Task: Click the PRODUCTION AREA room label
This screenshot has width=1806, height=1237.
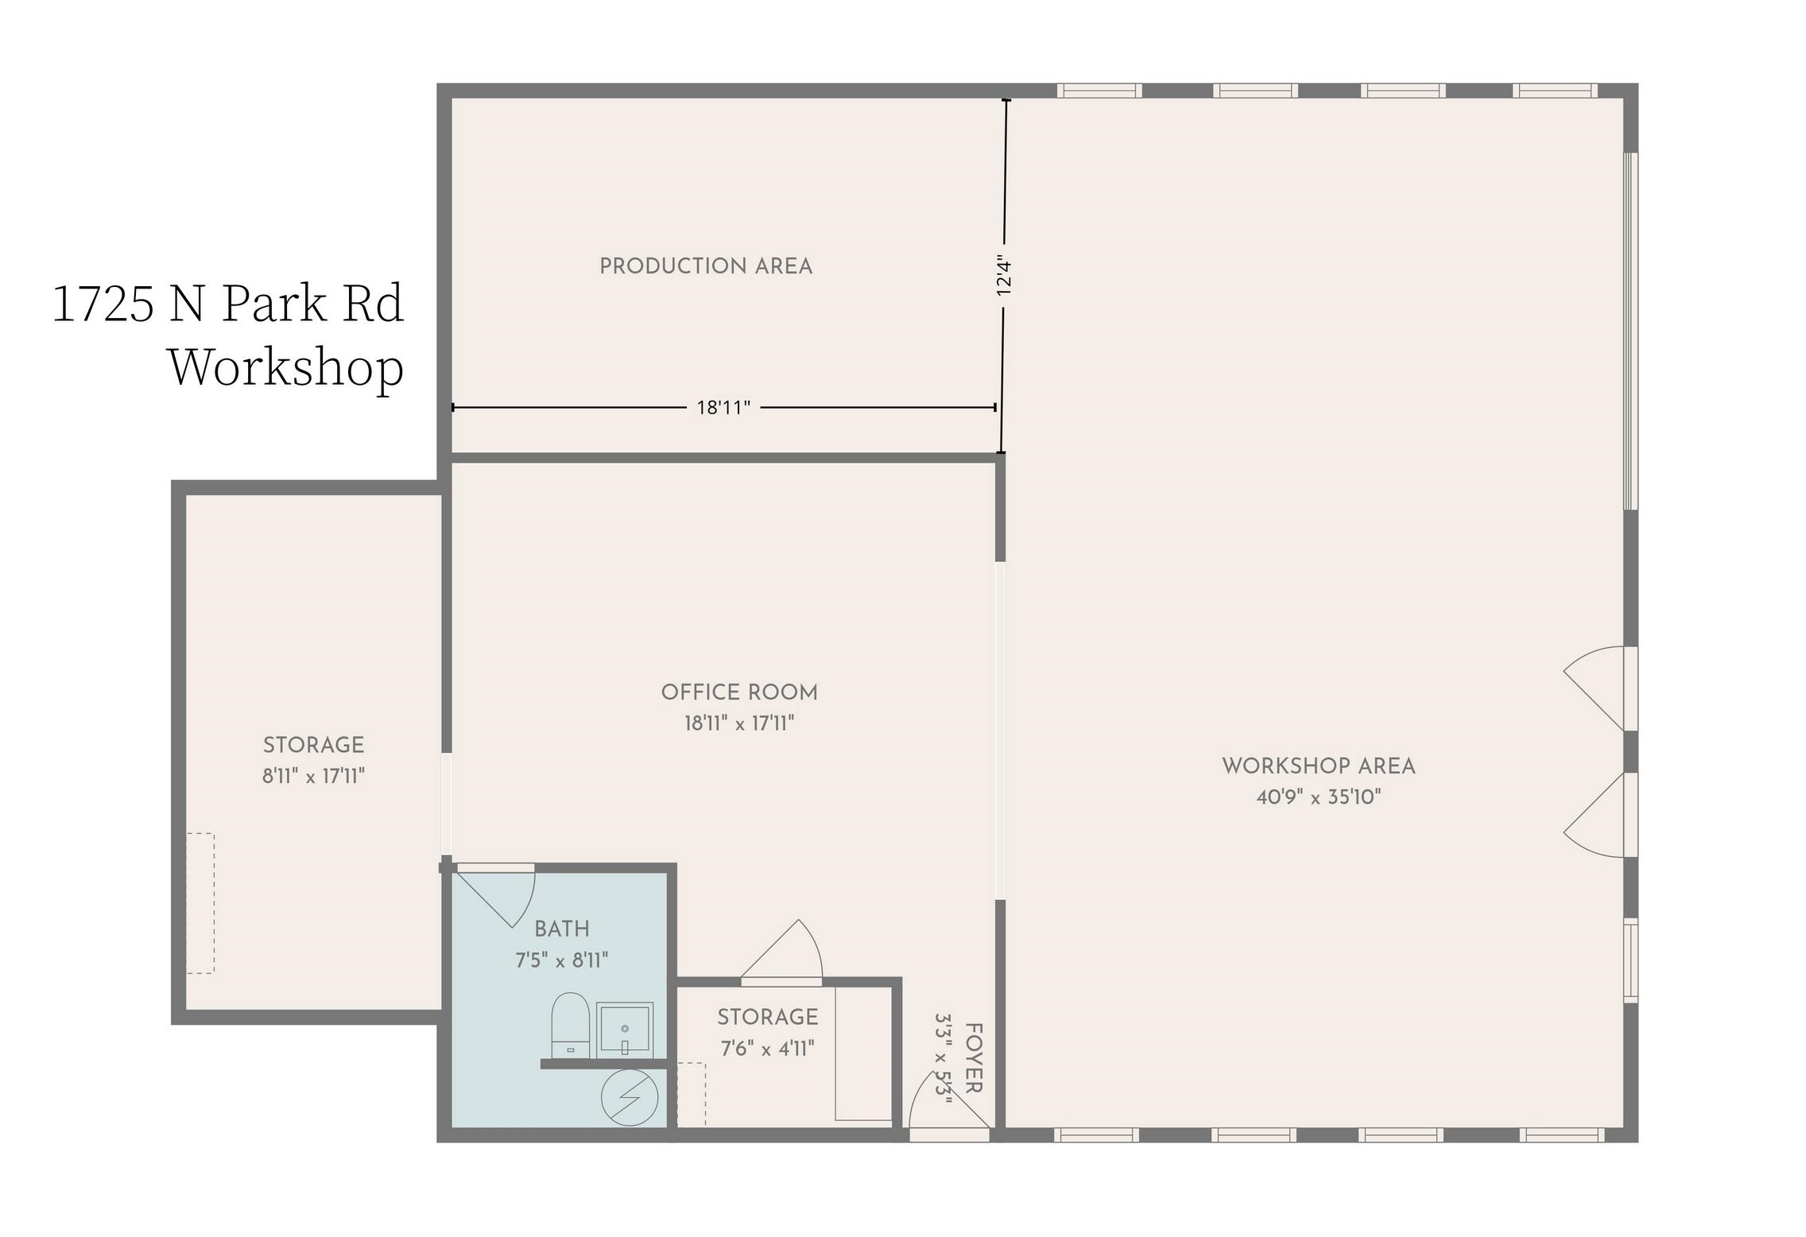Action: (706, 266)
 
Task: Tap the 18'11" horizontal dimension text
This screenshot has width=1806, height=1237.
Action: (723, 408)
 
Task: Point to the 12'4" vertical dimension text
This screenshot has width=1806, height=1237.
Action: (1004, 277)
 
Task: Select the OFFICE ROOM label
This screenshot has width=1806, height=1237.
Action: (739, 692)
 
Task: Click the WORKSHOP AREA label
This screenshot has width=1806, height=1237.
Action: (1319, 766)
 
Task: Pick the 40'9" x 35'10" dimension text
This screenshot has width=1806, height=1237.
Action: (1319, 797)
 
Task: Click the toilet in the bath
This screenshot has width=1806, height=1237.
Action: (570, 1026)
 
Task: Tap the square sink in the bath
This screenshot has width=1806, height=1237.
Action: (625, 1030)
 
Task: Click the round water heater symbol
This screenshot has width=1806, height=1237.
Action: (630, 1098)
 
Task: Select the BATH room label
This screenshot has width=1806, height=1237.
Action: (562, 929)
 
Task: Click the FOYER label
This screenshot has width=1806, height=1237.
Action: (974, 1057)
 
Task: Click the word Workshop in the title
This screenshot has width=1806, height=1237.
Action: (286, 367)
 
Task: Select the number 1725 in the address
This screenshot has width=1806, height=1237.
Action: (103, 304)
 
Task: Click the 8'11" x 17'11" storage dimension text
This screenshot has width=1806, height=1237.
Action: (314, 776)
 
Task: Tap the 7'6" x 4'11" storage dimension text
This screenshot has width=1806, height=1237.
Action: (767, 1049)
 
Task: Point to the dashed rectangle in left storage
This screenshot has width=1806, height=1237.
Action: (200, 903)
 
